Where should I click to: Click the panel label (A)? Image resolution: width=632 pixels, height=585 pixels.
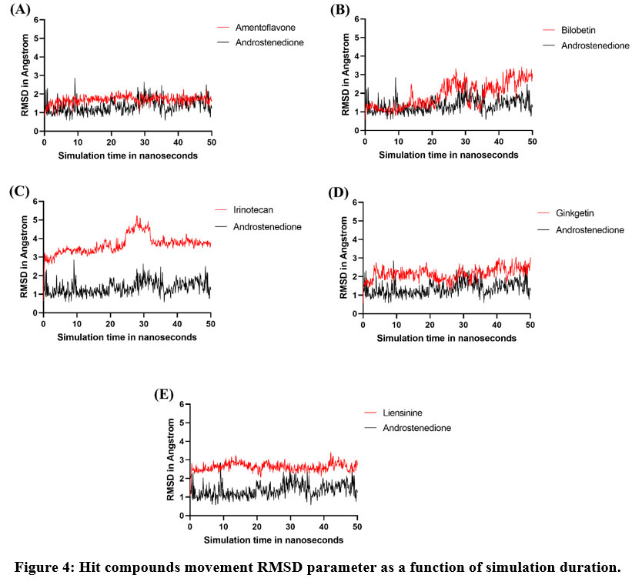pyautogui.click(x=17, y=10)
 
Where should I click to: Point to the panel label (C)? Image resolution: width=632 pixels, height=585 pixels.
pyautogui.click(x=17, y=192)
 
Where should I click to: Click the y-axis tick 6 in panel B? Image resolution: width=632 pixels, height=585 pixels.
pyautogui.click(x=357, y=18)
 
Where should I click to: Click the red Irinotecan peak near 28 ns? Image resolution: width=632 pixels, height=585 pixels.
pyautogui.click(x=138, y=219)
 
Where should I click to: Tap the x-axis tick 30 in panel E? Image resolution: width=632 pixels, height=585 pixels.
pyautogui.click(x=290, y=526)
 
